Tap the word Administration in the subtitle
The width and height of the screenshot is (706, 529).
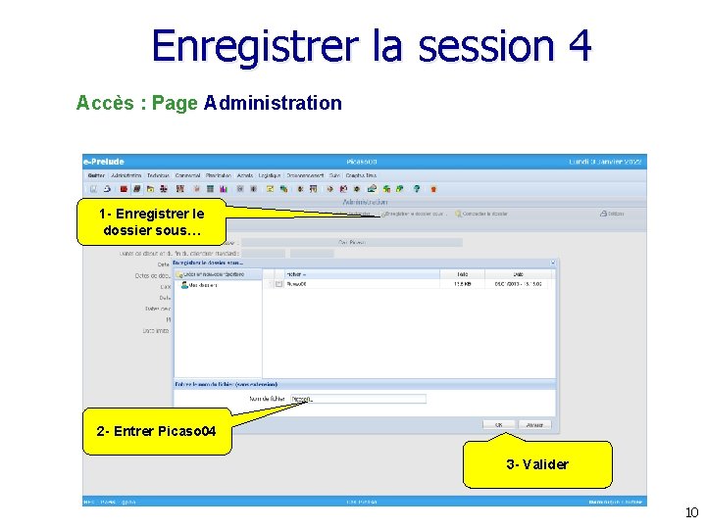pos(274,103)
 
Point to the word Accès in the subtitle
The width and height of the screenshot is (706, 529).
pos(105,103)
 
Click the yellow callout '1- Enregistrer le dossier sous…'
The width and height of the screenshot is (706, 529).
pos(151,222)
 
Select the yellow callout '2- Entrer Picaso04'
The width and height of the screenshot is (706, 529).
pos(157,431)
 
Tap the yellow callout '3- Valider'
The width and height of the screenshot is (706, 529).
pos(537,464)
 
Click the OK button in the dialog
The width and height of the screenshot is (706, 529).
pos(498,425)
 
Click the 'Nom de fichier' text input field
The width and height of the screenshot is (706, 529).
pos(358,399)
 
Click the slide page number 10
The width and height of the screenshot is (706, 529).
pos(691,512)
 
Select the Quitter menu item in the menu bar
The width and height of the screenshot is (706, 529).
pos(96,175)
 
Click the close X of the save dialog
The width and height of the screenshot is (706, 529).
pos(553,263)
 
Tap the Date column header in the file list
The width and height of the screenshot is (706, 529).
pos(518,274)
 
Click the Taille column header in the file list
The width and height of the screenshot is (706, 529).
pos(462,274)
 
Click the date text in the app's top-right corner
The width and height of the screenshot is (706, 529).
pos(605,162)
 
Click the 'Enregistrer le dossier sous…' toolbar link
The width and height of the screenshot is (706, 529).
pos(416,213)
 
